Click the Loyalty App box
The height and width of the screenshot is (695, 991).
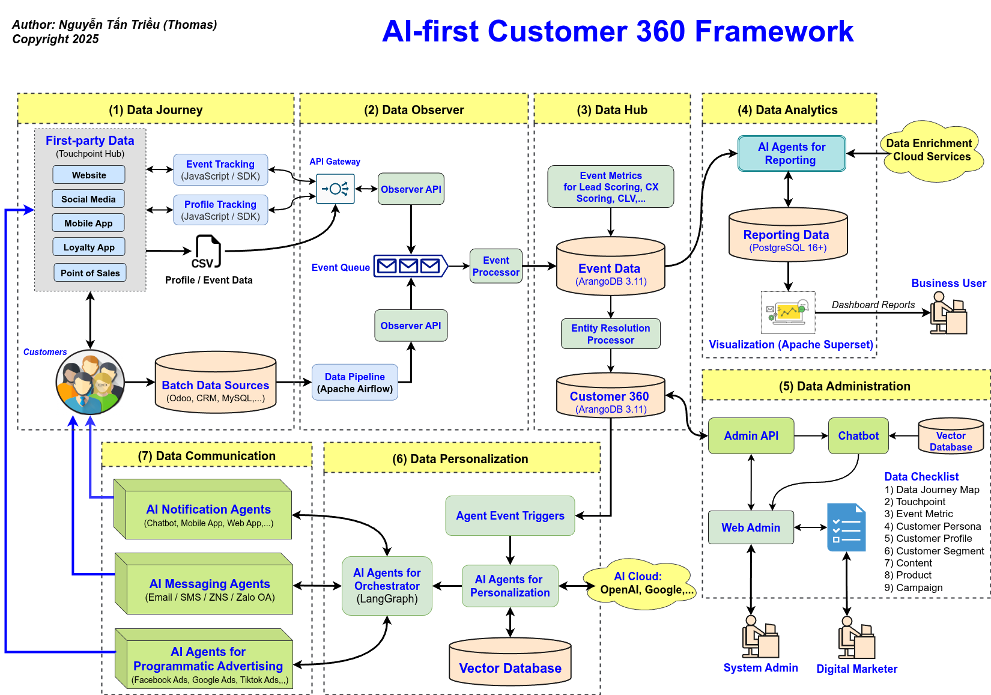(89, 247)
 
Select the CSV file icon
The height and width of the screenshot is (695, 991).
(207, 252)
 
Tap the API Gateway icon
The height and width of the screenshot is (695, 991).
(335, 189)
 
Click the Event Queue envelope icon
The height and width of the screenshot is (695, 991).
(410, 266)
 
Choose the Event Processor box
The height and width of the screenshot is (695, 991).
(495, 266)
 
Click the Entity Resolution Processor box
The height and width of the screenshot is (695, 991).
(610, 334)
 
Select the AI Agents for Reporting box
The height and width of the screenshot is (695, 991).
(791, 154)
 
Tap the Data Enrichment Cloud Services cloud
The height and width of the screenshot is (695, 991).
(931, 151)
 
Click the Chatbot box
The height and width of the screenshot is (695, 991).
(858, 436)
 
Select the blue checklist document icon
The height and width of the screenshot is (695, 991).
(846, 527)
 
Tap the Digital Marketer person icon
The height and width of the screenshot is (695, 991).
(856, 638)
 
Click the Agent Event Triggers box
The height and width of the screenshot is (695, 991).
(510, 515)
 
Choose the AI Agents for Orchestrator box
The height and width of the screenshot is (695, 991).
(387, 586)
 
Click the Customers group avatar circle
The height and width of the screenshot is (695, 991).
(90, 382)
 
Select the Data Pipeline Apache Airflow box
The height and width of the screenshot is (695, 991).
(354, 383)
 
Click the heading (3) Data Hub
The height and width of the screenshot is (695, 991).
(611, 110)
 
